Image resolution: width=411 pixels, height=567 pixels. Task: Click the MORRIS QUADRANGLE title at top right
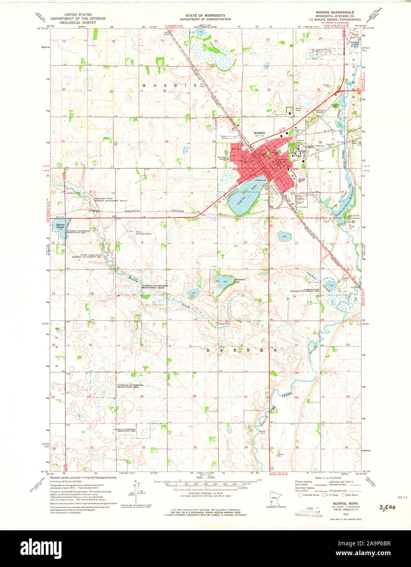pyautogui.click(x=334, y=12)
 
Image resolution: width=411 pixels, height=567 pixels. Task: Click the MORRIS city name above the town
pyautogui.click(x=259, y=133)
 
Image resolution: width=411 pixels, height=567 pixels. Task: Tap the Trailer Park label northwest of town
pyautogui.click(x=223, y=137)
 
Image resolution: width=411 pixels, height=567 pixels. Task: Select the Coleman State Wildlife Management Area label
pyautogui.click(x=310, y=290)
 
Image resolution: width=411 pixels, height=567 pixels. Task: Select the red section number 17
pyautogui.click(x=143, y=293)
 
